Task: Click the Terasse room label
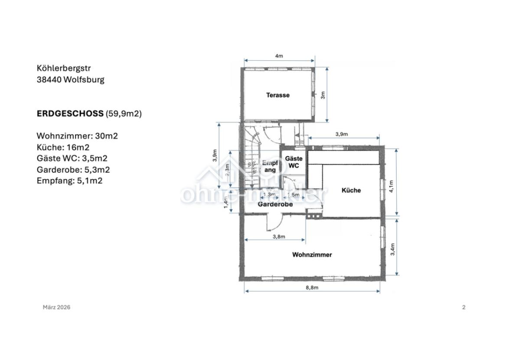277,95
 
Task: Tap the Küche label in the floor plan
351,190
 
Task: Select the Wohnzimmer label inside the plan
312,255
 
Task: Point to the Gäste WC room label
294,162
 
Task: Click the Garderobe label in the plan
275,204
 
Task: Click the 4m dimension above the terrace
279,56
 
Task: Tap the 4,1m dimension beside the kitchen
392,186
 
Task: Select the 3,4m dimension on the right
393,249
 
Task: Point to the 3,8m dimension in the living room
279,237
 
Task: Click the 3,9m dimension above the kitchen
341,134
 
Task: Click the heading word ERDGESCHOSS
70,114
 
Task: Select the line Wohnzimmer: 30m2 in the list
77,136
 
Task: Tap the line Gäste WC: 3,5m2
72,158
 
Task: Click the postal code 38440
49,79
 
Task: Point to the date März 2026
56,307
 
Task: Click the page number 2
463,307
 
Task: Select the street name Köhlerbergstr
64,68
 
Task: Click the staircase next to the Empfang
250,156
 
